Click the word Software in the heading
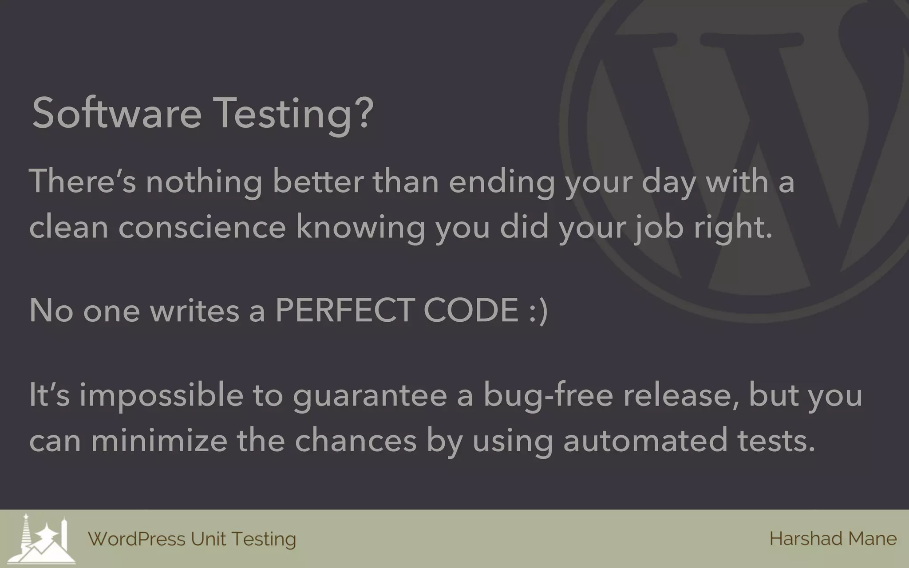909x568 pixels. tap(117, 113)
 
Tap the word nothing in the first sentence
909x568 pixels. tap(204, 182)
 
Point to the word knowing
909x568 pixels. tap(360, 227)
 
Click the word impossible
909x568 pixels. tap(161, 395)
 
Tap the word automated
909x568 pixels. tap(645, 440)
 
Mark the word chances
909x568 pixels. tap(356, 440)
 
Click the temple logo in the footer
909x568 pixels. tap(43, 539)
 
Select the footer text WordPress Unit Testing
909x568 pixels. tap(192, 539)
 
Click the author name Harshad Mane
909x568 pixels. tap(833, 539)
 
